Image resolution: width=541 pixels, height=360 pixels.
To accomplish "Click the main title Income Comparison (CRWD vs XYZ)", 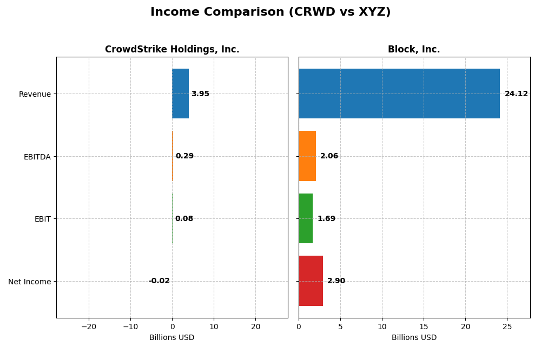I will (270, 12).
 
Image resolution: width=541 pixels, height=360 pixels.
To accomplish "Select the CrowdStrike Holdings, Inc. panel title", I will (172, 49).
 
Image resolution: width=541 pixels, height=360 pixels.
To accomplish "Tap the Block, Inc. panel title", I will (414, 49).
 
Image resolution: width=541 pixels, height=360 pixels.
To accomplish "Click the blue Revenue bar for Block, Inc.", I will (399, 94).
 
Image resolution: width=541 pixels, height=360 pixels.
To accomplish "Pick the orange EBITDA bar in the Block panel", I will (307, 156).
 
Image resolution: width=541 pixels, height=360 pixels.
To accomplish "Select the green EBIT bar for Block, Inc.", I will (306, 218).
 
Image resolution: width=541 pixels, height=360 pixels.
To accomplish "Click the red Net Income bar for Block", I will (311, 281).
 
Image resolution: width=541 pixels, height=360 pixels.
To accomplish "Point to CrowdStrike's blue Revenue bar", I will (180, 94).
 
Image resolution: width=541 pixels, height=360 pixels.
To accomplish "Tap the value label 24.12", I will (516, 94).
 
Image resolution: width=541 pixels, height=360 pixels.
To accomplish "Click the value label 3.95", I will (200, 94).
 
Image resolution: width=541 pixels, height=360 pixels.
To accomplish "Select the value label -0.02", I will (159, 281).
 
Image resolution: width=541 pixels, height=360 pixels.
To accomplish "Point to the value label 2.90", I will (336, 281).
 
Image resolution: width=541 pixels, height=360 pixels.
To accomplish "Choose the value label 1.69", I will (326, 219).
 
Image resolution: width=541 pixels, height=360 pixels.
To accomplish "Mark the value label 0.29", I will (184, 156).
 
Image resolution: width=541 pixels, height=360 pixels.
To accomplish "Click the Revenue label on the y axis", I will (35, 94).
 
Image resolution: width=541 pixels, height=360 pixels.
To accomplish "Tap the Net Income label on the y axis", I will (29, 282).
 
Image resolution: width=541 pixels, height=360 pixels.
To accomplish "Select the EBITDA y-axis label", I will (37, 157).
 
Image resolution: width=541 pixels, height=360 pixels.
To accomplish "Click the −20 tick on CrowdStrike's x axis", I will (89, 326).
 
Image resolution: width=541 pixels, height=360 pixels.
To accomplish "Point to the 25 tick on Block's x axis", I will (507, 326).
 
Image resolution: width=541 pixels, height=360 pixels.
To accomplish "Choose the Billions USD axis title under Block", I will (414, 338).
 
